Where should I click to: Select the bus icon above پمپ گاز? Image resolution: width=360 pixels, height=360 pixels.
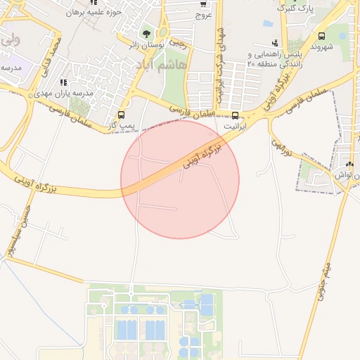click(x=122, y=115)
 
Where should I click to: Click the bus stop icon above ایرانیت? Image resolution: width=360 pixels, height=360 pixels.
click(x=235, y=116)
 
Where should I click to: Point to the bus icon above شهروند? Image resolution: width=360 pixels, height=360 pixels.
click(x=321, y=36)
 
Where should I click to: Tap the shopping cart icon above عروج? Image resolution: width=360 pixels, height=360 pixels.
click(x=203, y=4)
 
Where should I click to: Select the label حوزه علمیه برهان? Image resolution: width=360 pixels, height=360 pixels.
click(x=98, y=13)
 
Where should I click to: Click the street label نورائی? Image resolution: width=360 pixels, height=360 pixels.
click(x=281, y=148)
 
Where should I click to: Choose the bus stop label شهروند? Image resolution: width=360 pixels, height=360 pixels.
click(x=320, y=47)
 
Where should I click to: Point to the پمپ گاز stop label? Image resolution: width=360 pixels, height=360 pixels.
click(x=122, y=125)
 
